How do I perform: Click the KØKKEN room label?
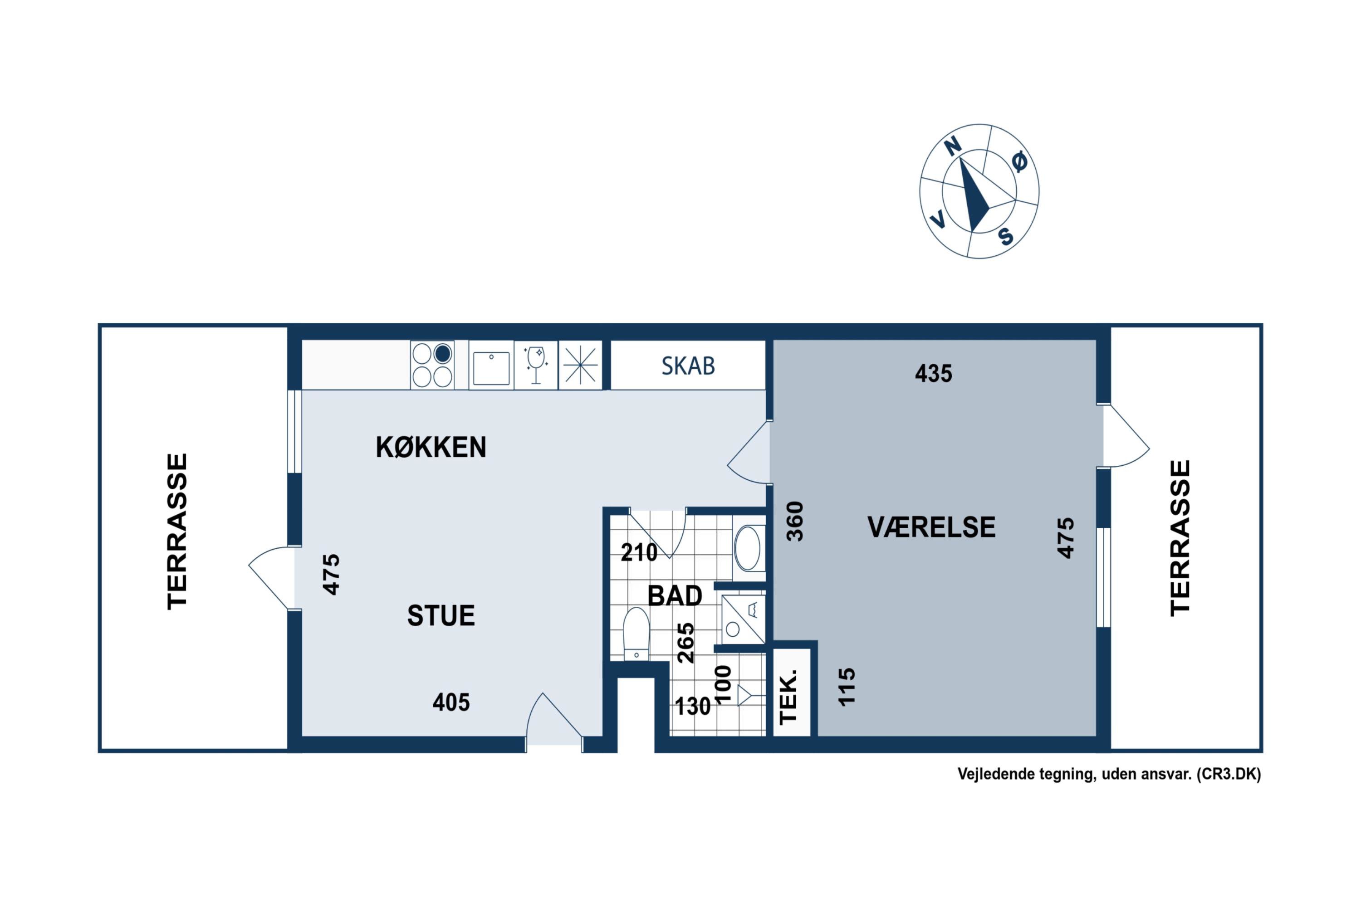tap(431, 447)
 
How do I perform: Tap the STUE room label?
tap(441, 615)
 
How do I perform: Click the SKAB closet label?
tap(688, 366)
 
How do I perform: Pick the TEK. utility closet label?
tap(788, 697)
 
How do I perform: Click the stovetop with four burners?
tap(432, 365)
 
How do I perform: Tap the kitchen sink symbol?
tap(491, 366)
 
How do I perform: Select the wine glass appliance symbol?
tap(536, 365)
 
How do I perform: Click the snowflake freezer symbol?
tap(580, 366)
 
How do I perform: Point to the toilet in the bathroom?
tap(636, 634)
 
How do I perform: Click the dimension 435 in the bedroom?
tap(933, 374)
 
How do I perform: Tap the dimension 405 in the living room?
tap(451, 702)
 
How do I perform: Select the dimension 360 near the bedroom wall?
tap(795, 521)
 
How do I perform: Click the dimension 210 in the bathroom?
tap(639, 553)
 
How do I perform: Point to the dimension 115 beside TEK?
tap(846, 687)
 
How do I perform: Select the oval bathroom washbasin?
tap(748, 548)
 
